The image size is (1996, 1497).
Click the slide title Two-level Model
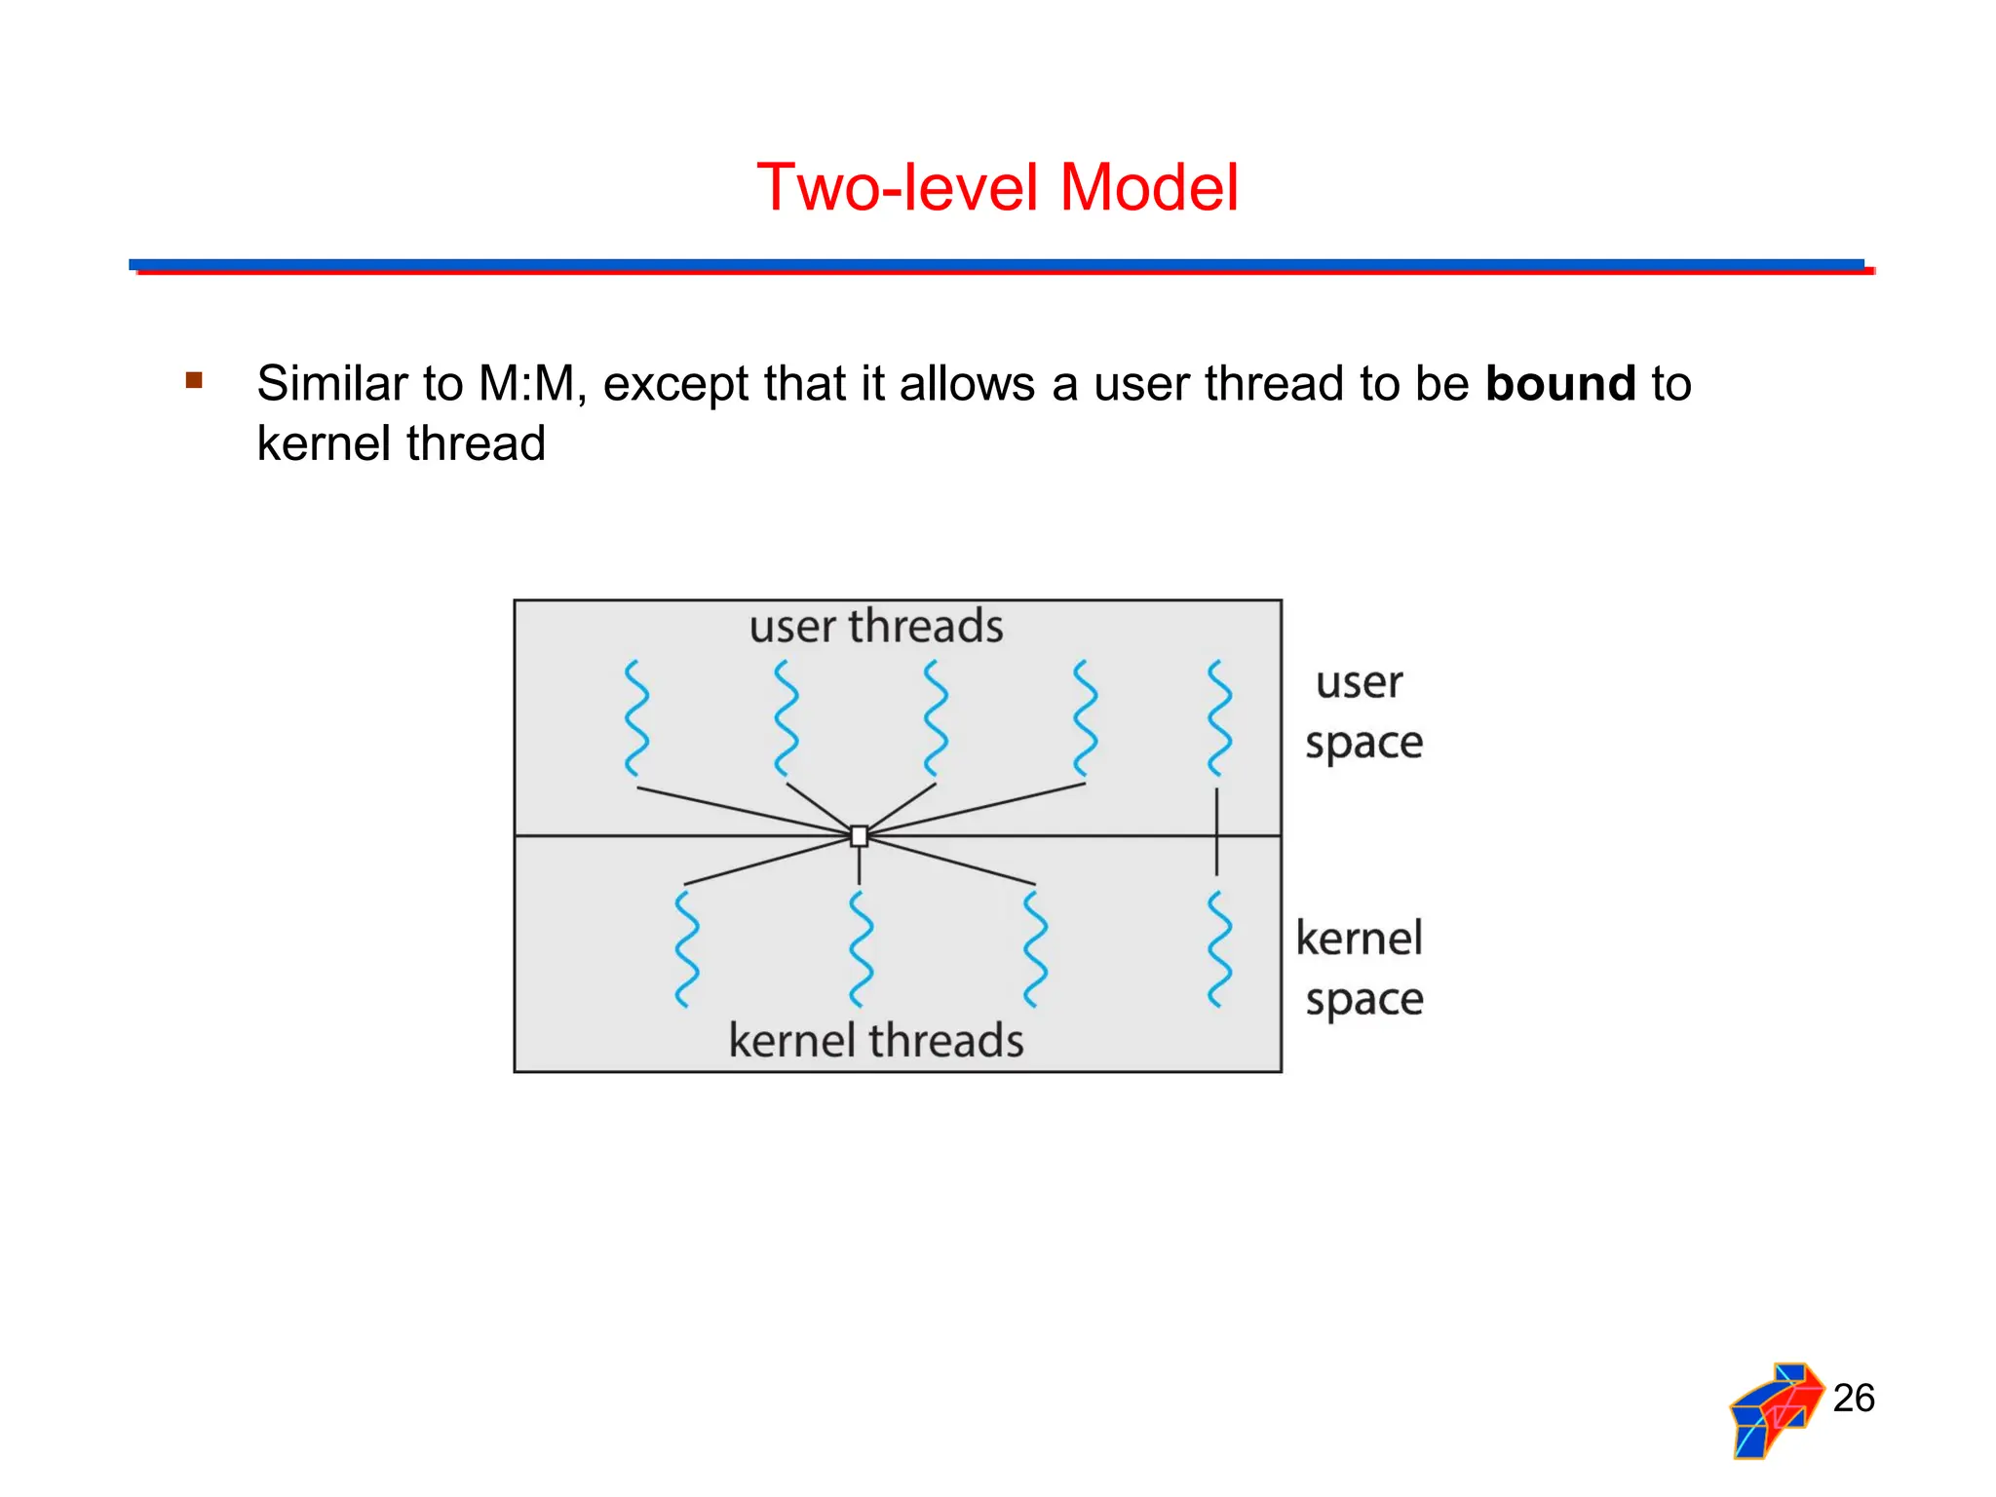coord(997,187)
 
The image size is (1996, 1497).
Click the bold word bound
coord(1559,383)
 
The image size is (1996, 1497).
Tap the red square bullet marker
coord(194,380)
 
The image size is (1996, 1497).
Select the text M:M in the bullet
coord(526,383)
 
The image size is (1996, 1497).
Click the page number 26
coord(1853,1398)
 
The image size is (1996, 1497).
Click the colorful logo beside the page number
coord(1775,1410)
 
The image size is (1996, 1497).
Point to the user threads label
coord(875,626)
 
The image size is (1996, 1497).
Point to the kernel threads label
coord(875,1040)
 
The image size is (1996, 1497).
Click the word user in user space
coord(1359,682)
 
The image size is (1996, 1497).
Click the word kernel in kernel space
coord(1359,939)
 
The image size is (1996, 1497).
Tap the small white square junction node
coord(859,836)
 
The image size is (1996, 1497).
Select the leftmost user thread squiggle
coord(636,718)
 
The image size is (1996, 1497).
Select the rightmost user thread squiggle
coord(1218,718)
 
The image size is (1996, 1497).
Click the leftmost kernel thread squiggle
coord(687,948)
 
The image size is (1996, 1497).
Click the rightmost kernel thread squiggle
coord(1218,948)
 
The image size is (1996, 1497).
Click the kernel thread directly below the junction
coord(861,948)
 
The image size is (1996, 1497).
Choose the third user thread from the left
coord(936,718)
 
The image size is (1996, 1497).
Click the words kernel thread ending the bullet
coord(401,443)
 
